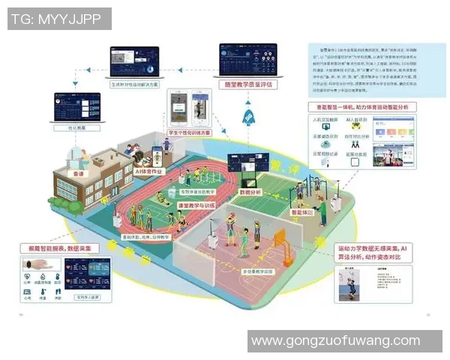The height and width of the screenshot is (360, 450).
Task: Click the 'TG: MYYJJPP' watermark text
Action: click(x=59, y=19)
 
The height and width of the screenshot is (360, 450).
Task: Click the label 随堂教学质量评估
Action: click(x=248, y=85)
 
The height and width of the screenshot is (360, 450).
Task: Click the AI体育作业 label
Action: click(x=147, y=172)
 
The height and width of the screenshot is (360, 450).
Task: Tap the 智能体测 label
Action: click(x=303, y=212)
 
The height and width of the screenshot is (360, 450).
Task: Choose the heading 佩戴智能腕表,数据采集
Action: click(x=64, y=247)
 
